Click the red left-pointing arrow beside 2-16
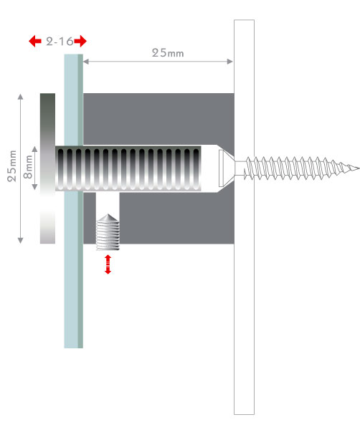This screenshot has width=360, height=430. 35,41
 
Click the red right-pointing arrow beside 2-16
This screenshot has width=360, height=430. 80,41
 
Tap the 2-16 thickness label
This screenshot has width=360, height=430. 60,42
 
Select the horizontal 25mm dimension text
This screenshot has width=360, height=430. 168,53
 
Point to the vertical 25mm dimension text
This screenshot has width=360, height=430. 12,166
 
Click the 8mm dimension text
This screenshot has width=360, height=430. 28,167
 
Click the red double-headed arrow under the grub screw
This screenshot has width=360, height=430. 108,264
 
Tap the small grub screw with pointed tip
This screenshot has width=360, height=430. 108,232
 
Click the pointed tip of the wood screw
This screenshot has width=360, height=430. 359,168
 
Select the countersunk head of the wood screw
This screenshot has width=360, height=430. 227,168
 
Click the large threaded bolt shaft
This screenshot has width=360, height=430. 128,168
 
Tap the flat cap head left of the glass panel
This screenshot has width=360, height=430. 47,168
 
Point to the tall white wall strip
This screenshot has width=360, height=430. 244,217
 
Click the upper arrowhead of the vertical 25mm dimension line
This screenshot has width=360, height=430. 20,96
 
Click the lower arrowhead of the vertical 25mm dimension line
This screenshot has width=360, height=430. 20,241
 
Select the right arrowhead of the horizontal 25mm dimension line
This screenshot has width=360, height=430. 230,62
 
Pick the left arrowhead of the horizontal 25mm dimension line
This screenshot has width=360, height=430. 86,62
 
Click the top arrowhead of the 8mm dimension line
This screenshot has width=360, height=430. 34,149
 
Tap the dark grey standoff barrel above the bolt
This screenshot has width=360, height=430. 158,119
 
